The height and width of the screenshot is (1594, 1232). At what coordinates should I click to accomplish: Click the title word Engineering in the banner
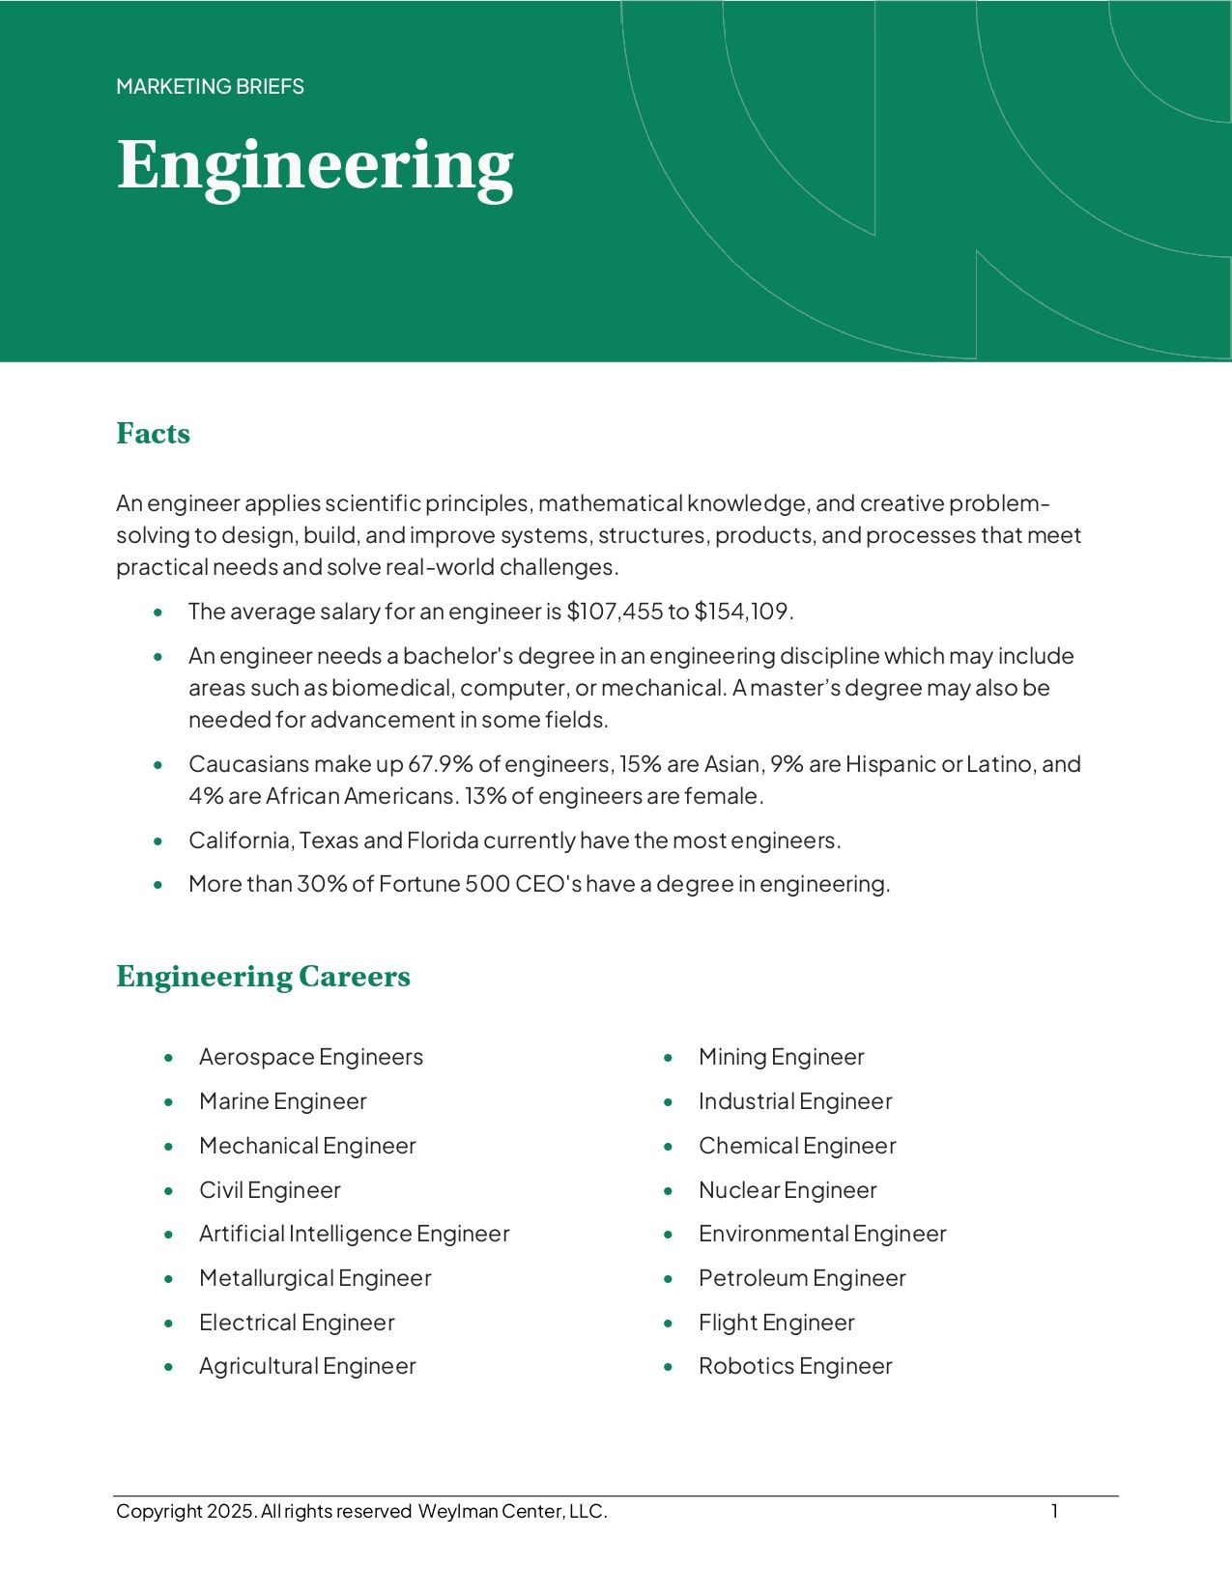coord(315,166)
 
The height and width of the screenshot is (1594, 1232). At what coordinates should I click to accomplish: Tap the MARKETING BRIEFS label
coord(210,87)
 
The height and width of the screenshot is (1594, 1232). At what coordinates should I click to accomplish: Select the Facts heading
coord(153,433)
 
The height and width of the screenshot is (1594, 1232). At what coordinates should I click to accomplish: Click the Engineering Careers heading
coord(263,976)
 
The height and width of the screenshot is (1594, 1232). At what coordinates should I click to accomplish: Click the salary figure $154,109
coord(741,612)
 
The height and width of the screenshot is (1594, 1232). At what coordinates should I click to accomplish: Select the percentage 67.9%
coord(441,764)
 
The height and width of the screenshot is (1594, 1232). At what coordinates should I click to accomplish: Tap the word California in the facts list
coord(240,840)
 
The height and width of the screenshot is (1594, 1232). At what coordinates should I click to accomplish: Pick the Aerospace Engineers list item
coord(310,1057)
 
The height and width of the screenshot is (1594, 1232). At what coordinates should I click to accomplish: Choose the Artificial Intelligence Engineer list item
coord(354,1234)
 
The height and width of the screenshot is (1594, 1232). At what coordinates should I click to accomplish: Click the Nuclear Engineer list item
coord(788,1190)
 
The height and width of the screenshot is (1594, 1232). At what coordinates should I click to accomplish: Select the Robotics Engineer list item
coord(795,1366)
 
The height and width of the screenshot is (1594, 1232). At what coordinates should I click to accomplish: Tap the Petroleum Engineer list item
coord(802,1278)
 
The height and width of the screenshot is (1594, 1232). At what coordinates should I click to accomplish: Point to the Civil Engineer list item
coord(270,1190)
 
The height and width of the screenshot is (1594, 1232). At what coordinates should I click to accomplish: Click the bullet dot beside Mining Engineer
coord(669,1058)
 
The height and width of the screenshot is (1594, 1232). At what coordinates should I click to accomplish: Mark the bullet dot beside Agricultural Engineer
coord(169,1367)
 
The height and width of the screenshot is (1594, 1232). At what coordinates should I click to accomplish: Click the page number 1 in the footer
coord(1055,1511)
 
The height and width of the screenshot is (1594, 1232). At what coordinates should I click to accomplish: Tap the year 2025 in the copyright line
coord(231,1512)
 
